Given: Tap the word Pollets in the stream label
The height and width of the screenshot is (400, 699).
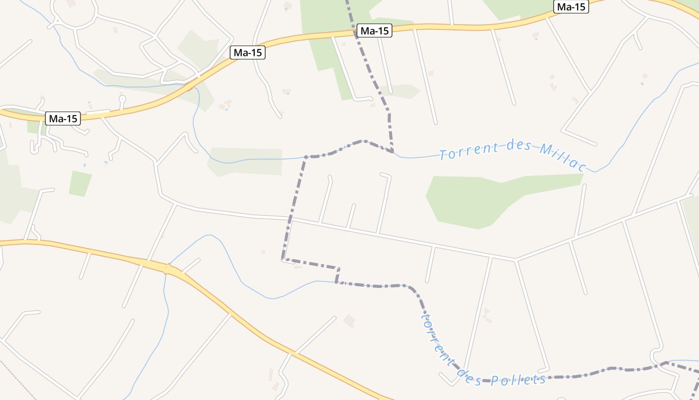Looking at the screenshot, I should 518,380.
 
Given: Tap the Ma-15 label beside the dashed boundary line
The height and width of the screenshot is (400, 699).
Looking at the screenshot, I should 374,31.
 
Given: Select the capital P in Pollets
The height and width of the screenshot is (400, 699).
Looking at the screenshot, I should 494,381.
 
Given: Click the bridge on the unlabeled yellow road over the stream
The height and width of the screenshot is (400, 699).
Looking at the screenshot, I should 167,268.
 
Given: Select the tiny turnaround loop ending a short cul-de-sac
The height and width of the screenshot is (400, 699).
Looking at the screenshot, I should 122,99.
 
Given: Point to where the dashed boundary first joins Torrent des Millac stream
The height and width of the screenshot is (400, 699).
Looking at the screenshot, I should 393,151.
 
